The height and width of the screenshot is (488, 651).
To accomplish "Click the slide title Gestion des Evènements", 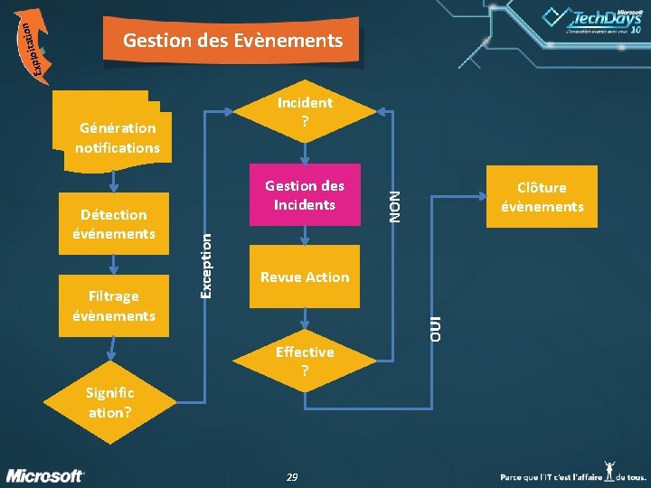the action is pyautogui.click(x=232, y=41).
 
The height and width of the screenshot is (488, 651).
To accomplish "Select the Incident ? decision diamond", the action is pyautogui.click(x=305, y=111).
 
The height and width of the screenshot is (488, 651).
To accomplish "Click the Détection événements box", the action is pyautogui.click(x=114, y=223).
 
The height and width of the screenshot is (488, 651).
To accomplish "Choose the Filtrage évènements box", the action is pyautogui.click(x=114, y=305).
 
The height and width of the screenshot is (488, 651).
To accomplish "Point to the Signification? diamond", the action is pyautogui.click(x=109, y=402).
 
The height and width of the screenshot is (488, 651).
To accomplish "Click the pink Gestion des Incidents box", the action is pyautogui.click(x=305, y=195).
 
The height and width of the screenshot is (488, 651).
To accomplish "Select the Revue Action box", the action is pyautogui.click(x=305, y=277).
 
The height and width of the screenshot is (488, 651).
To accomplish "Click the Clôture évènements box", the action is pyautogui.click(x=542, y=196).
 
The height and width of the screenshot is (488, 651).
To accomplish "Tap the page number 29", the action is pyautogui.click(x=291, y=476).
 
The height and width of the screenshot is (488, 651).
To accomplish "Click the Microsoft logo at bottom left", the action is pyautogui.click(x=46, y=475).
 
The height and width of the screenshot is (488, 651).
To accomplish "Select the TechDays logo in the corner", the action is pyautogui.click(x=592, y=23).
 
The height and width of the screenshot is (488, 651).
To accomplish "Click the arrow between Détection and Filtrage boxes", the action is pyautogui.click(x=114, y=264).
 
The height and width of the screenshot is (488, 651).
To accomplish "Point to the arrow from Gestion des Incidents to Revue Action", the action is pyautogui.click(x=305, y=236).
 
